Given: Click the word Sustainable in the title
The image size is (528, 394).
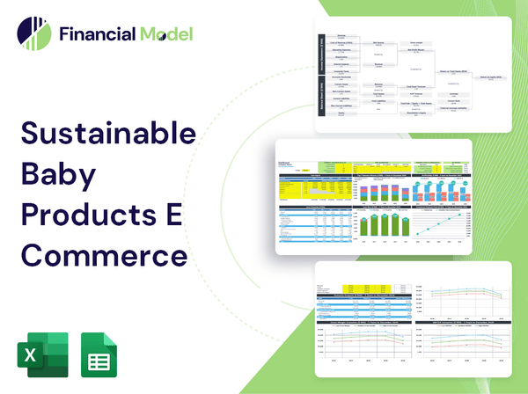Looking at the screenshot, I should point(108,134).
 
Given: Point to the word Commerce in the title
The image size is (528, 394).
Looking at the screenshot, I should point(104,256).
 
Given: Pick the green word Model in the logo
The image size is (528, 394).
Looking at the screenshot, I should point(164,35).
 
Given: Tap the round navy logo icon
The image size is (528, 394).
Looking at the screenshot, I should point(33,34).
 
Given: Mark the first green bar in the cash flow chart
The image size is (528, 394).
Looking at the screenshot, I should point(363,227).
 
